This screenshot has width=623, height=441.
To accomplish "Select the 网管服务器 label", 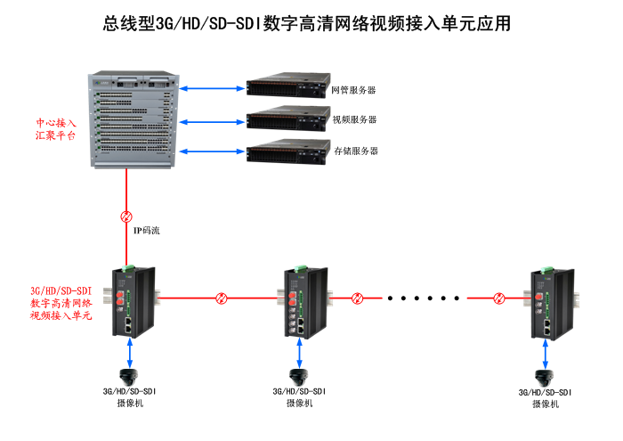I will tap(353, 90).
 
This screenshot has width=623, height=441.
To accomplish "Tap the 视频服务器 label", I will tap(354, 119).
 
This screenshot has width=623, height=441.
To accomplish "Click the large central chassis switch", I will tap(134, 117).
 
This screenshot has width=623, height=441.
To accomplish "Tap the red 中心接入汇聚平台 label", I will tap(55, 129).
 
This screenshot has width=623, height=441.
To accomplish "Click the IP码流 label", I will tap(146, 231).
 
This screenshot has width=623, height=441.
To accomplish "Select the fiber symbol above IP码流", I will tap(126, 216).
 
